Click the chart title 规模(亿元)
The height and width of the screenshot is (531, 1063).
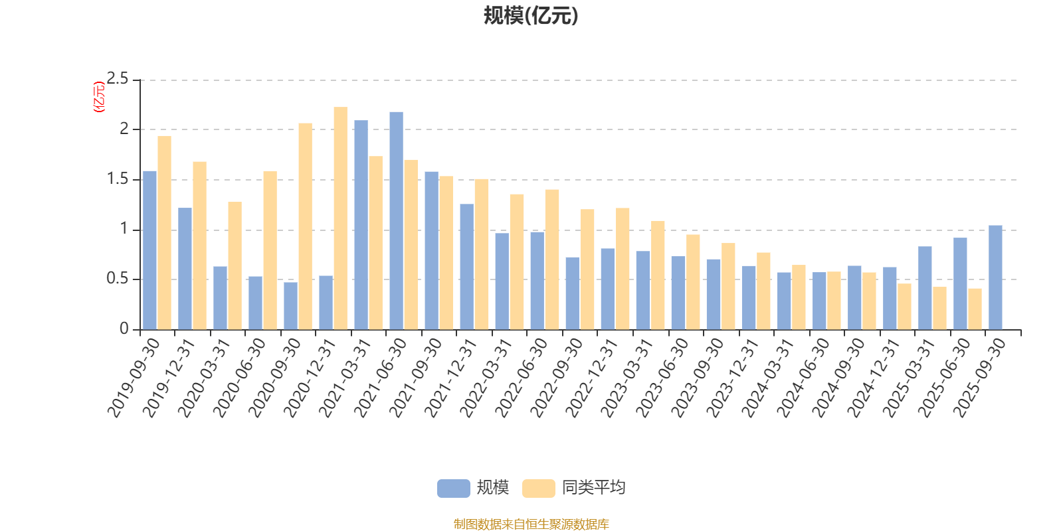pyautogui.click(x=531, y=16)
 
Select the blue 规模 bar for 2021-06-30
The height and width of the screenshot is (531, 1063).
pyautogui.click(x=396, y=220)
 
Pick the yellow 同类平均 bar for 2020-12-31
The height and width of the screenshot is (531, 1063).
pyautogui.click(x=340, y=218)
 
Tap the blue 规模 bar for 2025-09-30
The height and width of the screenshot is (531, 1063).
pyautogui.click(x=995, y=277)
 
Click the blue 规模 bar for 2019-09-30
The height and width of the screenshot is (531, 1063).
pyautogui.click(x=150, y=250)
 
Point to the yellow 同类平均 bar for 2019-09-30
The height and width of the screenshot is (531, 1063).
pyautogui.click(x=164, y=232)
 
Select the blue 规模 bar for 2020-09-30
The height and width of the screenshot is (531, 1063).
pyautogui.click(x=290, y=306)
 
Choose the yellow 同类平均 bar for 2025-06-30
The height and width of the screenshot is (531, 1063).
pyautogui.click(x=975, y=309)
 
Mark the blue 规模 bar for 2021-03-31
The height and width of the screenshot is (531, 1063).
pyautogui.click(x=361, y=225)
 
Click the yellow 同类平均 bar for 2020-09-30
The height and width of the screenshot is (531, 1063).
pyautogui.click(x=305, y=226)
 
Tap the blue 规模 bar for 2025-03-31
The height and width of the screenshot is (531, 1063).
pyautogui.click(x=925, y=288)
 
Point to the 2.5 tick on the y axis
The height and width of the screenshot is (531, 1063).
pyautogui.click(x=118, y=80)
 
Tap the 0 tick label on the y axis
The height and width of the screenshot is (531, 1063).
pyautogui.click(x=124, y=329)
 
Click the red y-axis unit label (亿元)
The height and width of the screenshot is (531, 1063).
pyautogui.click(x=98, y=97)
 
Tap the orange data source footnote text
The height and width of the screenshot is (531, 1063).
pyautogui.click(x=531, y=524)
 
